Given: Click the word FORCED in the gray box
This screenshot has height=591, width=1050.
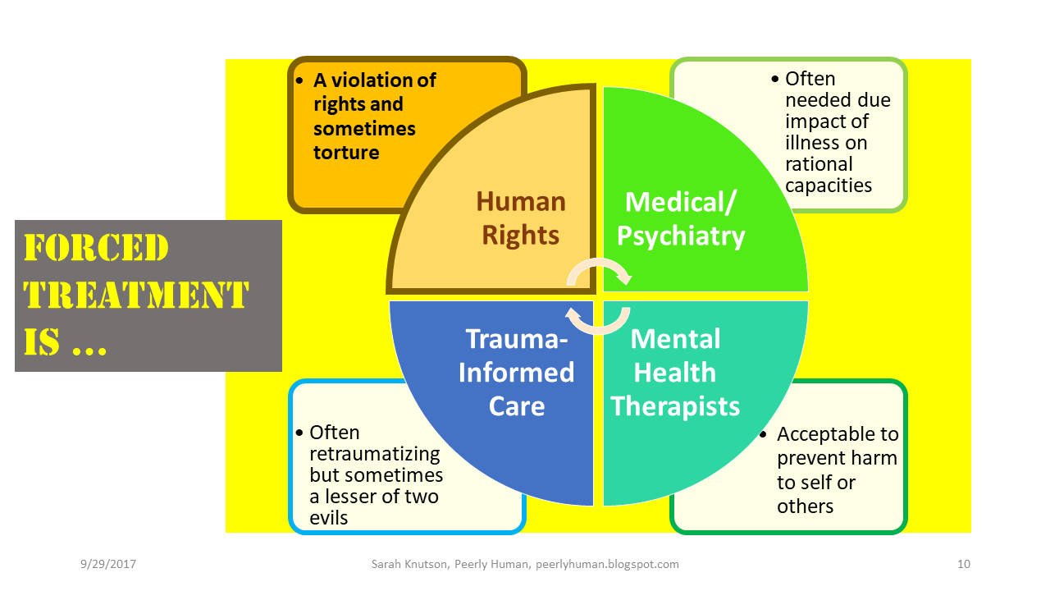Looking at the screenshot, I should tap(96, 248).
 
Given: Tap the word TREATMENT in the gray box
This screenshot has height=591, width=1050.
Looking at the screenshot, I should tap(135, 295).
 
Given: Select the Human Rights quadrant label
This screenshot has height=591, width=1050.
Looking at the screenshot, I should tap(521, 218).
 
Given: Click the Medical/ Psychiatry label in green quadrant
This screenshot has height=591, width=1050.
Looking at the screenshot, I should tap(681, 219).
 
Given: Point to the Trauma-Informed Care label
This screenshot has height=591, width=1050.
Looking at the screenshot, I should tap(516, 372).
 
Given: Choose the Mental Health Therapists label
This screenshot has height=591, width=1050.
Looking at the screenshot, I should tap(675, 372).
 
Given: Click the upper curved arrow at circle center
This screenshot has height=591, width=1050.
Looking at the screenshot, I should tap(599, 271).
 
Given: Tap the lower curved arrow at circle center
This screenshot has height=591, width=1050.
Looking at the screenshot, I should tap(599, 321).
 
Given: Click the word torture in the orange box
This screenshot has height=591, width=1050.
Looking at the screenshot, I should tap(346, 153).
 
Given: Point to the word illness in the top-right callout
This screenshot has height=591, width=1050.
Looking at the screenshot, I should tap(814, 143).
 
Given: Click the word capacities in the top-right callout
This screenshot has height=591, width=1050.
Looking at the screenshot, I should tap(828, 186).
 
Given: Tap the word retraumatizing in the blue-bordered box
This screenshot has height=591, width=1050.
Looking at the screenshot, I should tap(375, 454).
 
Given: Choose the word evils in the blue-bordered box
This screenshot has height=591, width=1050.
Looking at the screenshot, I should tap(329, 518).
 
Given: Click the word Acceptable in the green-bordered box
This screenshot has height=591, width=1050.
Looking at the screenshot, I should tap(828, 434).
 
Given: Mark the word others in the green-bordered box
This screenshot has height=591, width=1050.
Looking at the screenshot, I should tap(805, 506).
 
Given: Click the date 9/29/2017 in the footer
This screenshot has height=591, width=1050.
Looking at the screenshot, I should tap(108, 564).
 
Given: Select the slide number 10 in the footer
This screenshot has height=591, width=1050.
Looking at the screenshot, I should tap(963, 564).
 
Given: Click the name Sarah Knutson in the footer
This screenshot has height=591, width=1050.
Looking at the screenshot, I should tap(404, 564).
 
